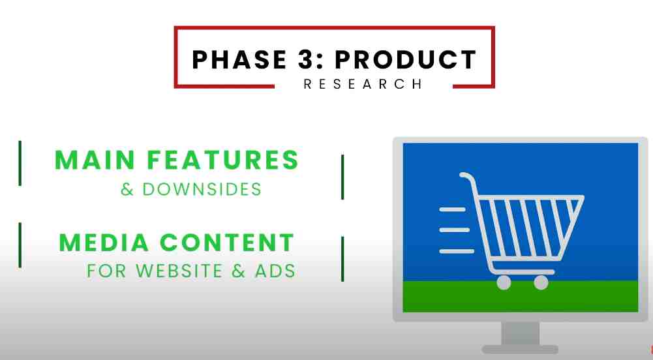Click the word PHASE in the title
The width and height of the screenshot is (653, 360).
coord(239,59)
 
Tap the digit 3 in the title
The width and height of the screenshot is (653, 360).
coord(306,59)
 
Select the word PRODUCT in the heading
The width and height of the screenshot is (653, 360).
coord(406,59)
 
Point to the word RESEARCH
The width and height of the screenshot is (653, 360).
coord(363,84)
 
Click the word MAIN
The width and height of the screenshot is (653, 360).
coord(95,160)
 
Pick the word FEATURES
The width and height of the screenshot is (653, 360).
coord(223,160)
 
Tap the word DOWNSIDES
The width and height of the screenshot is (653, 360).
coord(202,189)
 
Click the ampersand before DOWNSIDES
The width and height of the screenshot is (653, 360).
coord(127,190)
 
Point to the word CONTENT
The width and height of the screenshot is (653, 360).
coord(227,243)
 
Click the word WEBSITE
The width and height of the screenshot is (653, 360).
coord(179,271)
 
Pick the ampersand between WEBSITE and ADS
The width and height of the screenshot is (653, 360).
coord(239,271)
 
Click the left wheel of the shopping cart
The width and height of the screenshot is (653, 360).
coord(504,282)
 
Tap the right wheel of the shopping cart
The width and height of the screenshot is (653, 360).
coord(541,282)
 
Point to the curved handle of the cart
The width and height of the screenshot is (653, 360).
coord(468,177)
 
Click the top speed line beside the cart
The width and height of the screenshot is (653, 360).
coord(453,209)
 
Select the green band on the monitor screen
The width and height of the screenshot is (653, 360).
coord(520,296)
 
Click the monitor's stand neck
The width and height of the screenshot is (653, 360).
coord(520,333)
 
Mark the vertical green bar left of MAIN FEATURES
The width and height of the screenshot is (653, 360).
coord(20,163)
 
